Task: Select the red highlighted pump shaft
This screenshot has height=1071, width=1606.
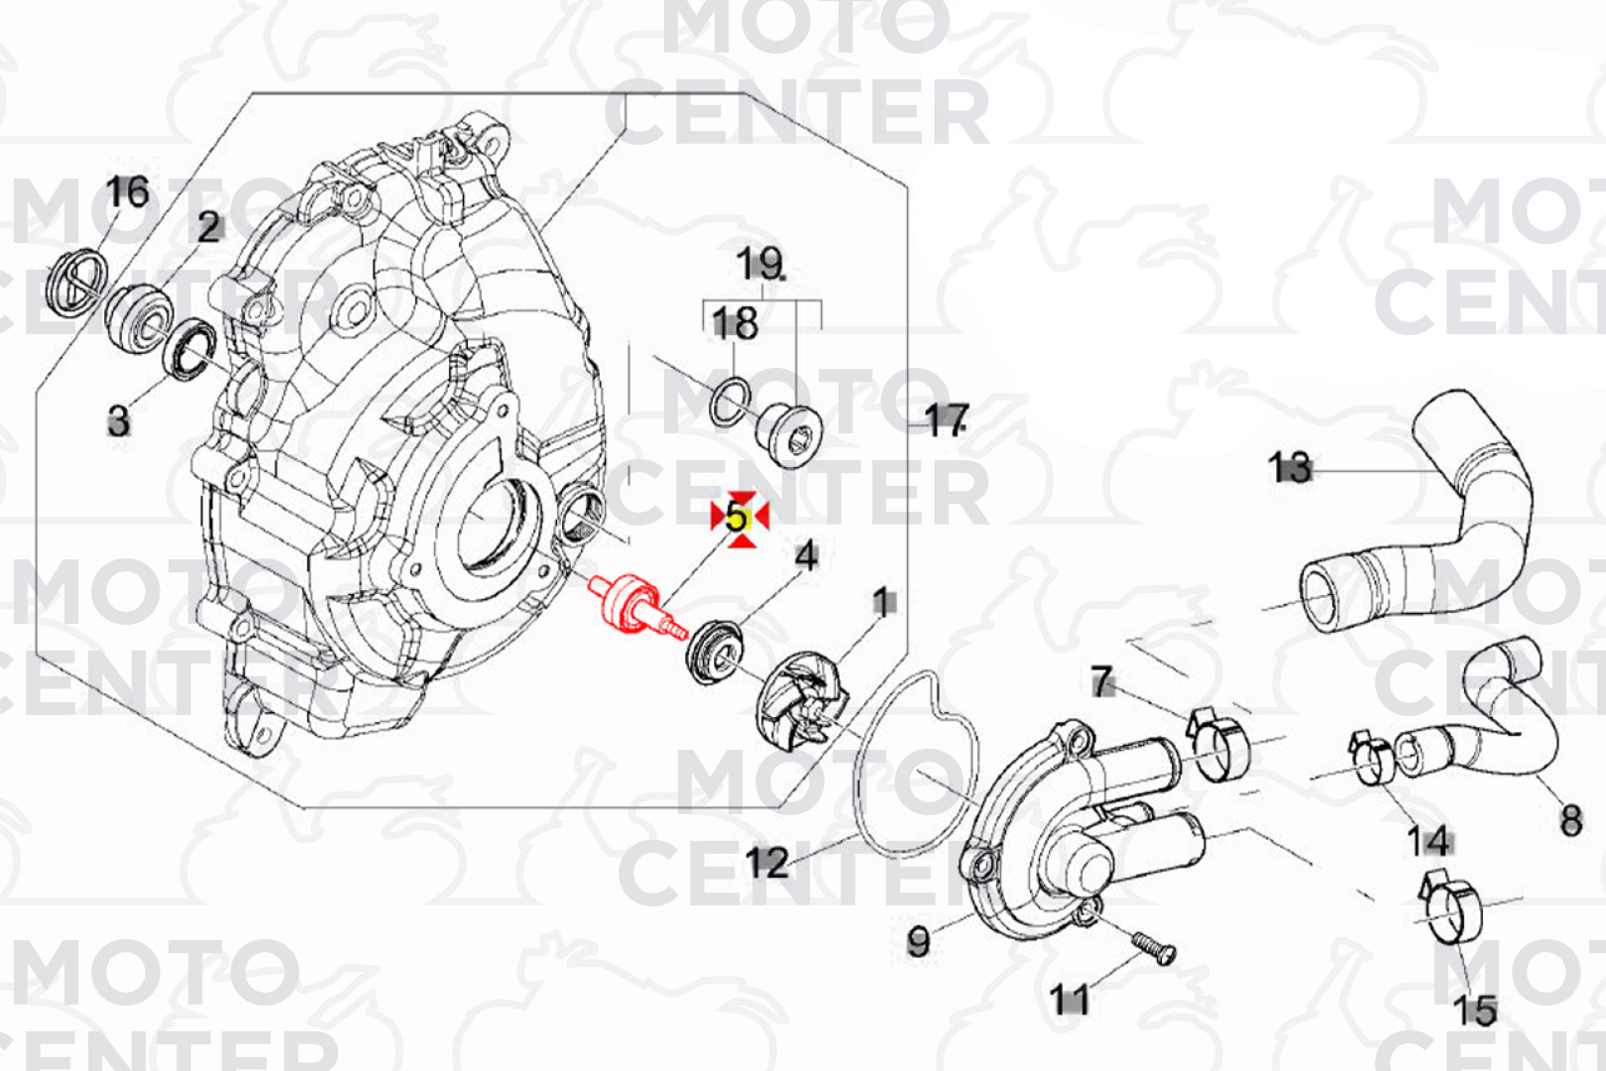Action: coord(633,606)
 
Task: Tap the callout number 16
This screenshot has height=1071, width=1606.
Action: coord(128,192)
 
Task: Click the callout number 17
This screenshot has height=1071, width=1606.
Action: coord(946,420)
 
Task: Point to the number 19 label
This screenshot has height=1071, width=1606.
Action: coord(760,264)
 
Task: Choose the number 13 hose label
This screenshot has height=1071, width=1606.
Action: coord(1290,468)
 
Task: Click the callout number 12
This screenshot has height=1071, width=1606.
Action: coord(767,862)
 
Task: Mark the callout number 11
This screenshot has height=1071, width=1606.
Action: coord(1069,1000)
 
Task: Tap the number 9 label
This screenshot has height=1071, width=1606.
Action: coord(918,942)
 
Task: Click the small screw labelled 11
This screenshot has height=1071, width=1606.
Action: coord(1153,948)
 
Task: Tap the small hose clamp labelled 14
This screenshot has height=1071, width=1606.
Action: coord(1372,759)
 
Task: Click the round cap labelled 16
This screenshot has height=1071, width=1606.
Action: coord(76,282)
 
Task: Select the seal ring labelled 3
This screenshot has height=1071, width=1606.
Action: coord(188,350)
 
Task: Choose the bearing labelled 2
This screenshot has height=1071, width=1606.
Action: coord(139,318)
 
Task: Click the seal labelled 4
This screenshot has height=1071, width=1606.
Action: coord(714,654)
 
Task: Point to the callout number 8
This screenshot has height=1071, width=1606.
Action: coord(1571,821)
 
